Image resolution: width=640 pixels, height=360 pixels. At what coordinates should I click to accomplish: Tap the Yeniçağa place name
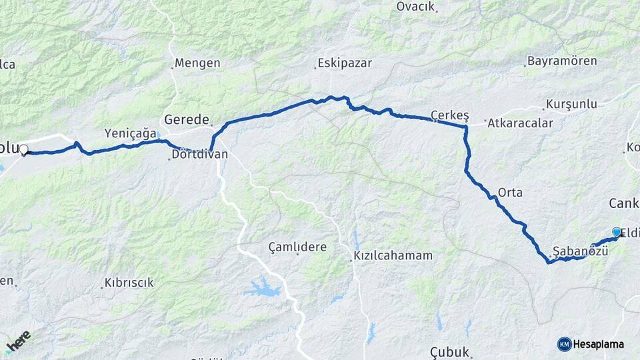[131, 133]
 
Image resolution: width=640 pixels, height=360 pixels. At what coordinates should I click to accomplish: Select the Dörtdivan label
[199, 154]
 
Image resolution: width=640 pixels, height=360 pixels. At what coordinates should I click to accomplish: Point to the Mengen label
[197, 63]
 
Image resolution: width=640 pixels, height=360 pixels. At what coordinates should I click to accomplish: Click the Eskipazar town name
[344, 63]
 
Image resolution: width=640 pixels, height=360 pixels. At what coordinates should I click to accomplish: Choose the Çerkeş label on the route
[447, 114]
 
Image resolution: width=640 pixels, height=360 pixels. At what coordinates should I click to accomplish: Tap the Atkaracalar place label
[521, 123]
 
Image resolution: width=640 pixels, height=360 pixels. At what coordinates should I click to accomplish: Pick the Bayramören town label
[562, 61]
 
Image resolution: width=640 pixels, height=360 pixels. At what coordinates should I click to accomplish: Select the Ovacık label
[415, 7]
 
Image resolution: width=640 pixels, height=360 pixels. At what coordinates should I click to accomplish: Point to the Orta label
[510, 193]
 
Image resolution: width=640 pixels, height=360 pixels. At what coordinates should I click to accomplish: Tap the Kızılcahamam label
[393, 255]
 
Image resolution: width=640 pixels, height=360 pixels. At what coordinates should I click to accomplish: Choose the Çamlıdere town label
[297, 247]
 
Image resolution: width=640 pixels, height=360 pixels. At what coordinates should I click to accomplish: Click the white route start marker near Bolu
[24, 149]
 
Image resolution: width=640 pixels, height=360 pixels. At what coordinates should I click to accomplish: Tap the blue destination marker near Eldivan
[617, 232]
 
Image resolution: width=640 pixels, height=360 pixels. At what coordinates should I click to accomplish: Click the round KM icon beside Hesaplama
[564, 344]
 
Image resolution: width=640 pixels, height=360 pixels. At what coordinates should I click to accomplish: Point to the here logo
[18, 341]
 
